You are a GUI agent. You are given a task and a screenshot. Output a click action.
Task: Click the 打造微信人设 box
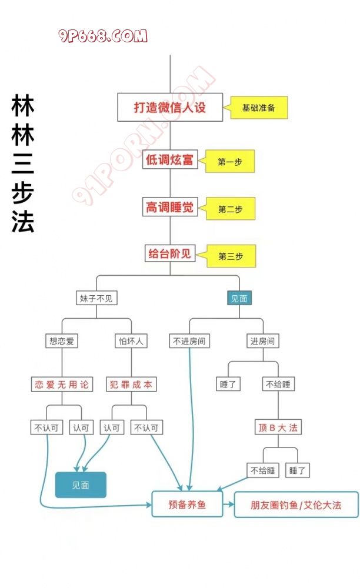click(170, 108)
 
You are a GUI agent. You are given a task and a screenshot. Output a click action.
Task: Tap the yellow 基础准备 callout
click(258, 108)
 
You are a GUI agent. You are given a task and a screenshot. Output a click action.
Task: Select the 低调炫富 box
click(170, 159)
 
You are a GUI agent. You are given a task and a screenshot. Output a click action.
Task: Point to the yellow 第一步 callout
click(230, 162)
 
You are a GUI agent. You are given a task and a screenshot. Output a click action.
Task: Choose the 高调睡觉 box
click(170, 207)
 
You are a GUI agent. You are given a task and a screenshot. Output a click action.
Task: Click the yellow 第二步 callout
click(230, 209)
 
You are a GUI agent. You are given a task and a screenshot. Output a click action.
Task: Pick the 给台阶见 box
click(170, 254)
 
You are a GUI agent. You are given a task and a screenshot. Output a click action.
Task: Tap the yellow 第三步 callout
click(230, 256)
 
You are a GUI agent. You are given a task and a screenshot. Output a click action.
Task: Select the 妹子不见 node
click(98, 298)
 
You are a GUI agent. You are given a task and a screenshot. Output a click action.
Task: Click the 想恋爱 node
click(62, 340)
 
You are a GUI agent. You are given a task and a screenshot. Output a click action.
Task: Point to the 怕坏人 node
click(131, 340)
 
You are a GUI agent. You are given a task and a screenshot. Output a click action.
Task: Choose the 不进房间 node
click(189, 340)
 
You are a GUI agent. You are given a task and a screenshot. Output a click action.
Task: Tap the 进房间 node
click(262, 340)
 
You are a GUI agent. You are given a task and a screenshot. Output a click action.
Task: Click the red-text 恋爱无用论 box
click(62, 385)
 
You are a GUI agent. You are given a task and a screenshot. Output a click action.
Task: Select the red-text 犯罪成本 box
click(131, 385)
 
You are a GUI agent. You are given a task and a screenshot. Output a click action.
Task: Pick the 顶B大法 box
click(278, 427)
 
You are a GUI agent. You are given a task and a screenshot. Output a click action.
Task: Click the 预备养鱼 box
click(187, 505)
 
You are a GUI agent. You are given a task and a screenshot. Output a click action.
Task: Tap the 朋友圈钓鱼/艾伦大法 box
click(296, 505)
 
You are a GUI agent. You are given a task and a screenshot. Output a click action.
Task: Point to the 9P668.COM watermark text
click(103, 36)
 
